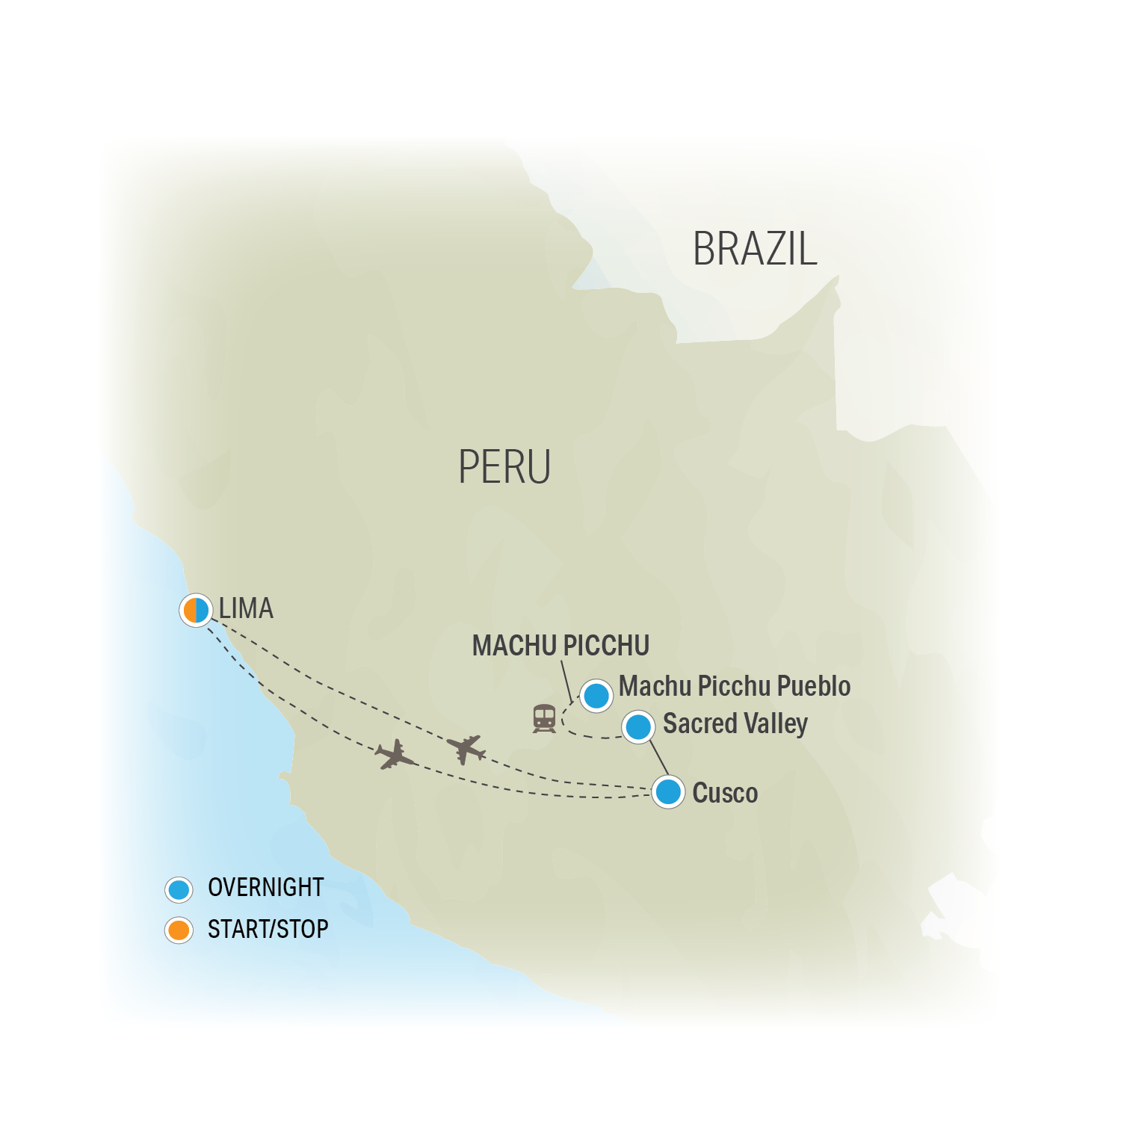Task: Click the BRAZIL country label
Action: pos(754,249)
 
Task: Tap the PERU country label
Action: pos(504,467)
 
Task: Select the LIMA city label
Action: pos(246,608)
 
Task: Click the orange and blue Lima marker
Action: pos(196,610)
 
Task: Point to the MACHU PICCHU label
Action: pos(560,646)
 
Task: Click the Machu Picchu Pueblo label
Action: pos(734,686)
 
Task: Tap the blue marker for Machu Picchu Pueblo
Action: pos(596,696)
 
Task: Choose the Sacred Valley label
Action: pos(735,723)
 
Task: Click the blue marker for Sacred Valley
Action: pos(638,726)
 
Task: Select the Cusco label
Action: pos(725,793)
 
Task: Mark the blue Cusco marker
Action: pos(668,791)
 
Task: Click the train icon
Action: pos(544,718)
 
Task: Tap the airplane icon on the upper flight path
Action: pos(466,748)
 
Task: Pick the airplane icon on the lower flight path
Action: pos(395,755)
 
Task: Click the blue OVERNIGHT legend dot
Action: pos(179,889)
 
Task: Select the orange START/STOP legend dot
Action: pos(179,930)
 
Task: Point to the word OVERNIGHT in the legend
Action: pos(265,888)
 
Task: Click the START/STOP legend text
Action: pos(268,929)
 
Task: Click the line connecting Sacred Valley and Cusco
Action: pos(658,758)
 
